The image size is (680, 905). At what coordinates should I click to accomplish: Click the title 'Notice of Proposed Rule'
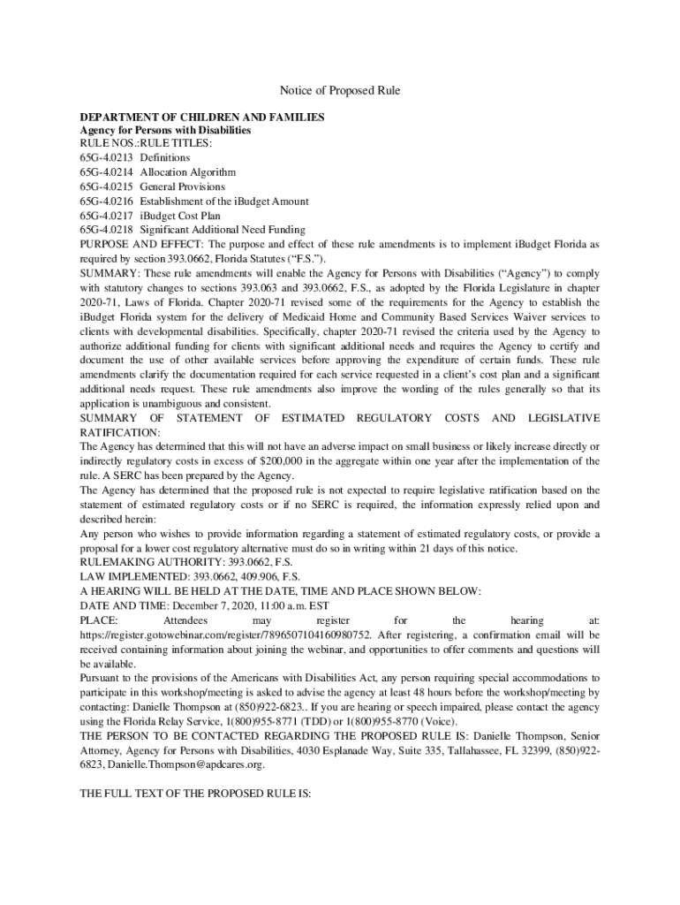coord(340,91)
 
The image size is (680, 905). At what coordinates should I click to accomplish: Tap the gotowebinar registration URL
coord(225,634)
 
